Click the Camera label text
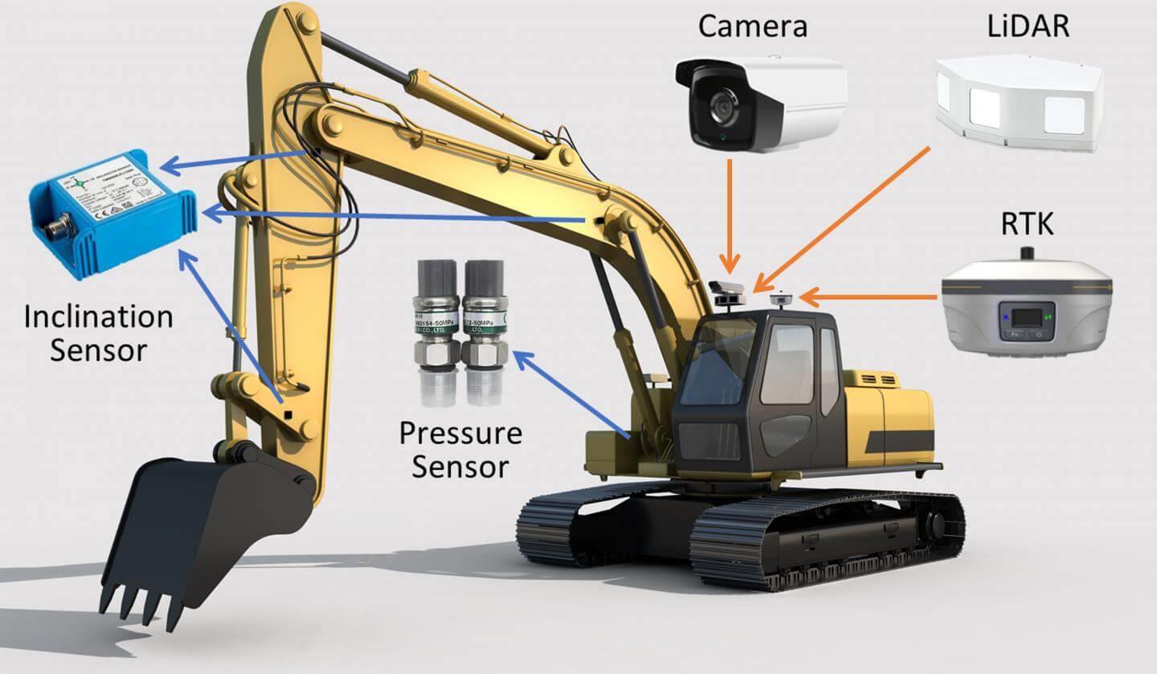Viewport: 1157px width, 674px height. point(752,27)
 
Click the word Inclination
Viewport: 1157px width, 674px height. point(98,317)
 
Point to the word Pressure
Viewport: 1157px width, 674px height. point(460,434)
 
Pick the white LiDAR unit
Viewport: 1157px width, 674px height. point(1019,102)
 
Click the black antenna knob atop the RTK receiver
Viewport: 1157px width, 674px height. point(1026,255)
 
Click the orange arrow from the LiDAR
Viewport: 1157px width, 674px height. point(844,218)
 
